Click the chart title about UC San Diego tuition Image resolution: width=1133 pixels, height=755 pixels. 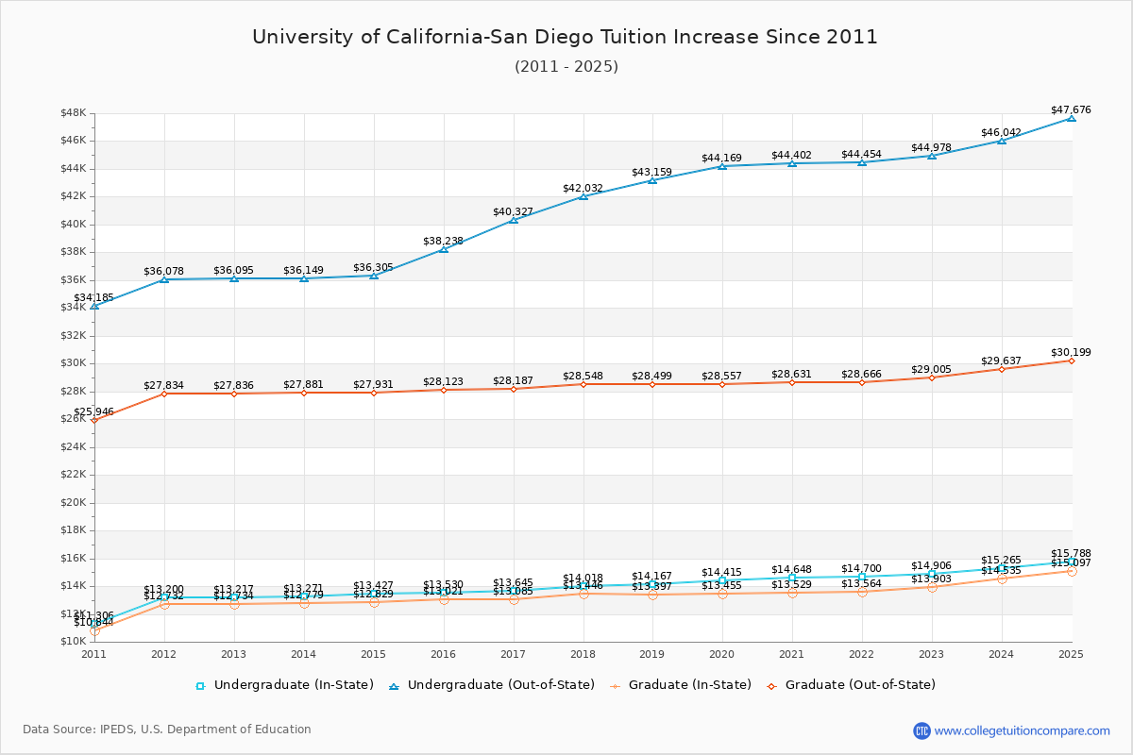pos(565,37)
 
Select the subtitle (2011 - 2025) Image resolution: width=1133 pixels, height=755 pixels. pos(566,66)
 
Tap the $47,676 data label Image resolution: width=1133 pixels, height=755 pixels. pos(1071,110)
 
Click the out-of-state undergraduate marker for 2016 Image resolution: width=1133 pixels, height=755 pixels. pos(444,248)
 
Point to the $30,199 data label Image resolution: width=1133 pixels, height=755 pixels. pos(1071,353)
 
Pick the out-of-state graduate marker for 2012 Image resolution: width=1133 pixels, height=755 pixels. pos(164,393)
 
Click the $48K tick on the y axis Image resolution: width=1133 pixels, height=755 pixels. pos(73,113)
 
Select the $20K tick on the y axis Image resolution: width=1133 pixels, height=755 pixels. pos(73,502)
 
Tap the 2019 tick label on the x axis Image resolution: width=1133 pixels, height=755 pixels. pos(652,654)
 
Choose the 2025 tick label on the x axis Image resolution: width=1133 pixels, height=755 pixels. pos(1071,654)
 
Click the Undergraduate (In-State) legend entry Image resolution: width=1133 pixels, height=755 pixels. pos(284,685)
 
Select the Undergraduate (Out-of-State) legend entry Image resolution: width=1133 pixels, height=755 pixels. pos(492,685)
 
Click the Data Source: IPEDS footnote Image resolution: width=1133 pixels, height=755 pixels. pos(167,730)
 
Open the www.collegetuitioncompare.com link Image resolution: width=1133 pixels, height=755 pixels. pos(1023,730)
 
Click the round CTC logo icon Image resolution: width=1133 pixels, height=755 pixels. pos(922,730)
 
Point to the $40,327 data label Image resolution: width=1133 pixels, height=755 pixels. pos(513,212)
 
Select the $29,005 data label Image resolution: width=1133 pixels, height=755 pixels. pos(931,369)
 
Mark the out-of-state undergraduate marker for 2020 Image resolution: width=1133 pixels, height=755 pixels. pos(722,166)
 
